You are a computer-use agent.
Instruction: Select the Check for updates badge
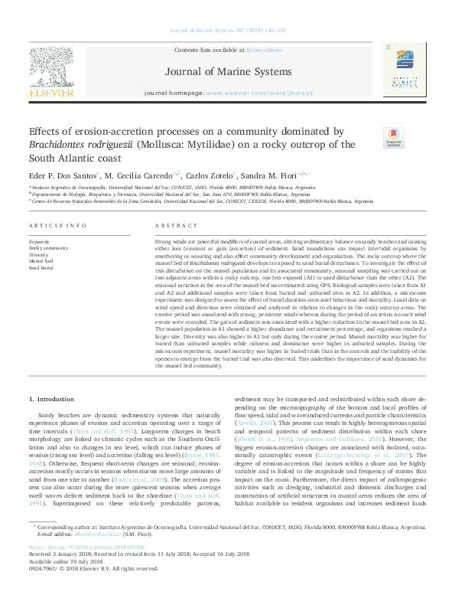[x=393, y=139]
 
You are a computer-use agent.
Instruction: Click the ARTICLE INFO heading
[x=57, y=226]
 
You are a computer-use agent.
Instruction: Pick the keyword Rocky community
[x=49, y=248]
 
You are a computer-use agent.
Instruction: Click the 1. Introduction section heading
[x=52, y=400]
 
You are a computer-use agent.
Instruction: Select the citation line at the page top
[x=226, y=31]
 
